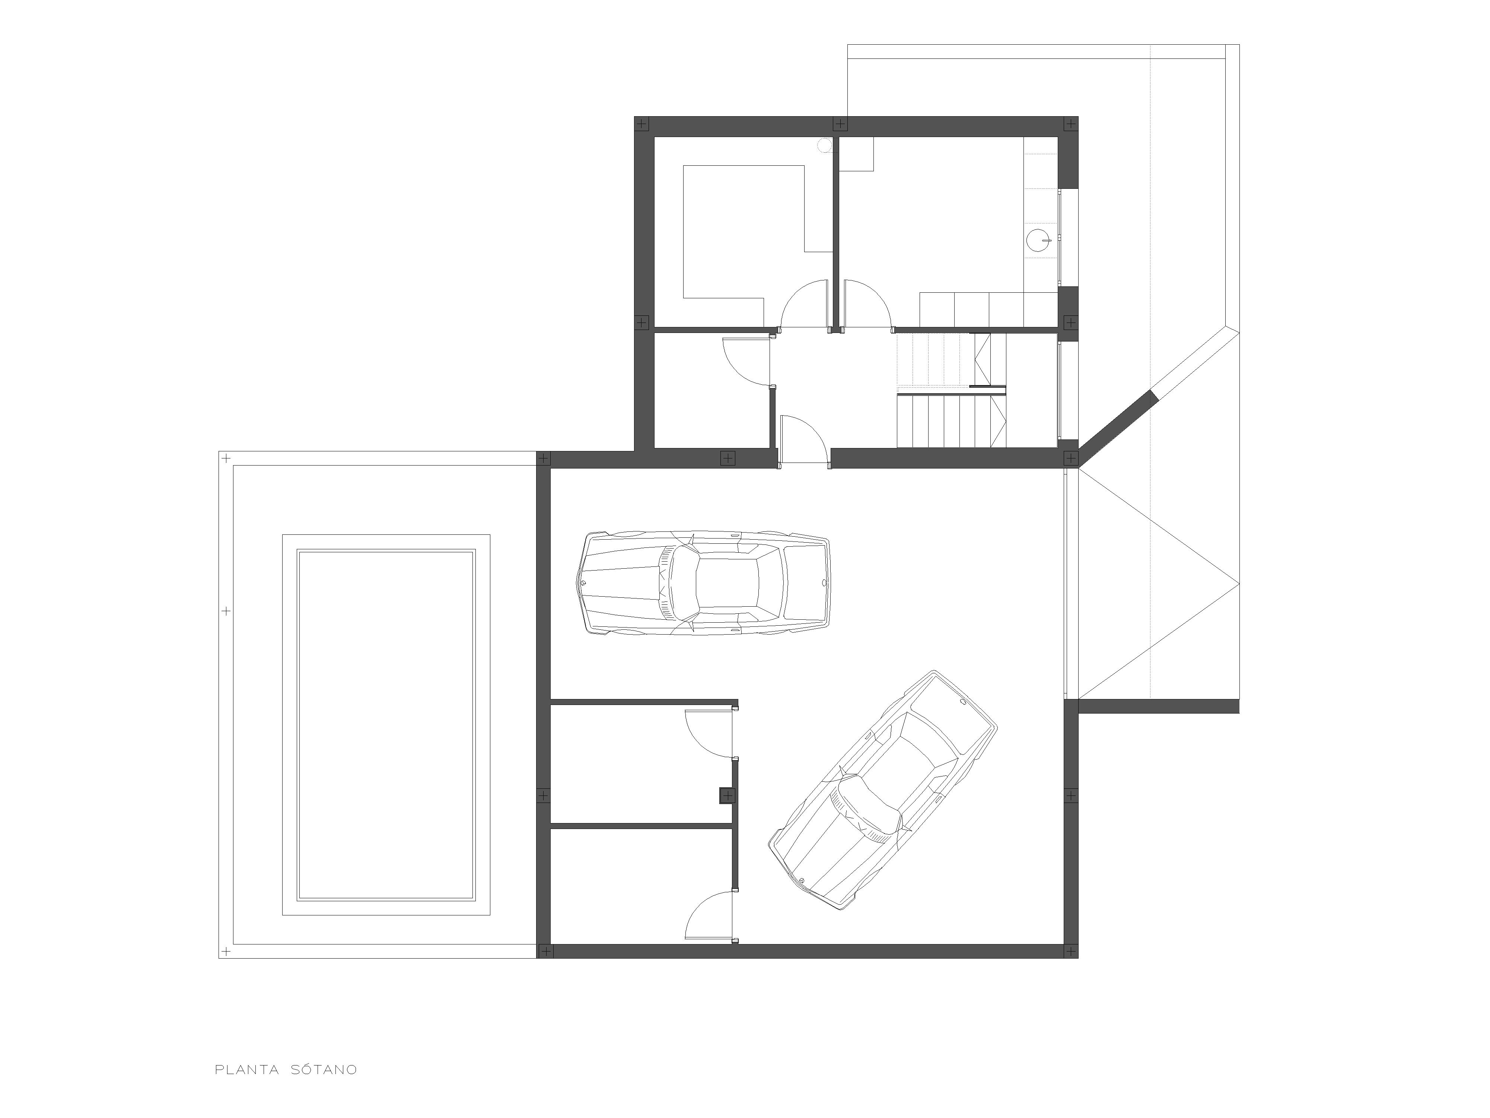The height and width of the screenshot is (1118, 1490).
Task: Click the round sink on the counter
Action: click(x=1040, y=239)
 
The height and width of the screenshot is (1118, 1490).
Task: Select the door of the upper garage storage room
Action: click(x=709, y=733)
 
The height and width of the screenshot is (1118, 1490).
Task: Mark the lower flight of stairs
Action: click(x=951, y=421)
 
